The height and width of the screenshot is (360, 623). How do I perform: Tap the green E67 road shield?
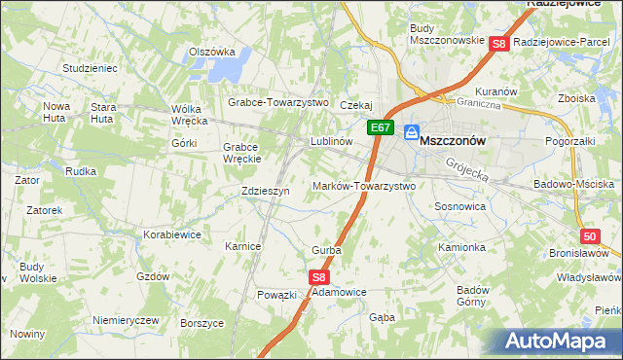coord(380,127)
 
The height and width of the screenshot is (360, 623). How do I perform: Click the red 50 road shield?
coord(589,235)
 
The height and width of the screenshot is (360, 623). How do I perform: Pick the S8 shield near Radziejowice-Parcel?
coord(498,44)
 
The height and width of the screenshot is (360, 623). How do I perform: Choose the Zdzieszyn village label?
coord(266,192)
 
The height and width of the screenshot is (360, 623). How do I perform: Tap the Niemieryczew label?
coord(125,320)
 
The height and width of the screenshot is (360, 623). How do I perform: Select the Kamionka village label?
coord(461,247)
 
